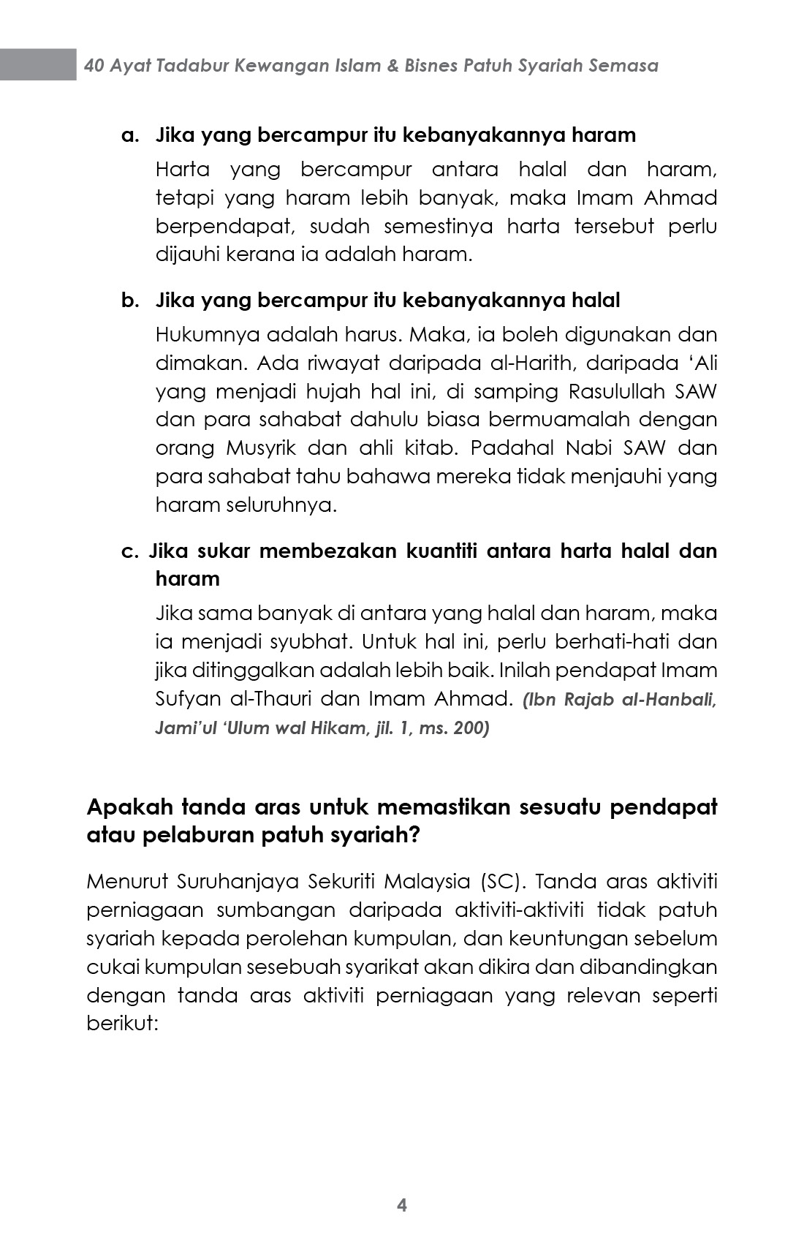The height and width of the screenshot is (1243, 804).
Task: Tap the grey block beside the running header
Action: tap(38, 64)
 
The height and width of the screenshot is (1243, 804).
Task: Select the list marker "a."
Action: tap(129, 135)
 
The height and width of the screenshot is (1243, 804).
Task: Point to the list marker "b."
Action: tap(129, 301)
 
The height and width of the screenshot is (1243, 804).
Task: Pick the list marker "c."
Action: tap(129, 551)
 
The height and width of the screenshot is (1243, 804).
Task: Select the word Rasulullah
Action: tap(618, 392)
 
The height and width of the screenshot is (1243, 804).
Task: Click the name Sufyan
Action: tap(187, 699)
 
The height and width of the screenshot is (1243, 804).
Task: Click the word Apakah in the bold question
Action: tap(129, 807)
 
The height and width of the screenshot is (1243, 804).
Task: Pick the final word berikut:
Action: tap(122, 1024)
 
